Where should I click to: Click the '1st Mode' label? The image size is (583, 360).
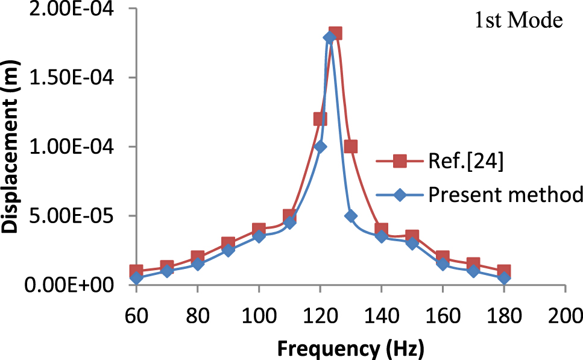point(518,21)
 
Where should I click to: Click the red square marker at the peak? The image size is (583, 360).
point(336,33)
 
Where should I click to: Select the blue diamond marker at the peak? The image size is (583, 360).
point(329,38)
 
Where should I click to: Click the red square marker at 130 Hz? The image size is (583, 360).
point(351,147)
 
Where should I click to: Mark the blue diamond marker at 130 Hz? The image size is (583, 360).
point(351,216)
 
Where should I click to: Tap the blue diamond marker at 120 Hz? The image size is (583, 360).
point(320,147)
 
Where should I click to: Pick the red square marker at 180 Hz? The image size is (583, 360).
point(504,271)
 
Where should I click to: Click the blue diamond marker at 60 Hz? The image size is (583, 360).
point(137,278)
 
